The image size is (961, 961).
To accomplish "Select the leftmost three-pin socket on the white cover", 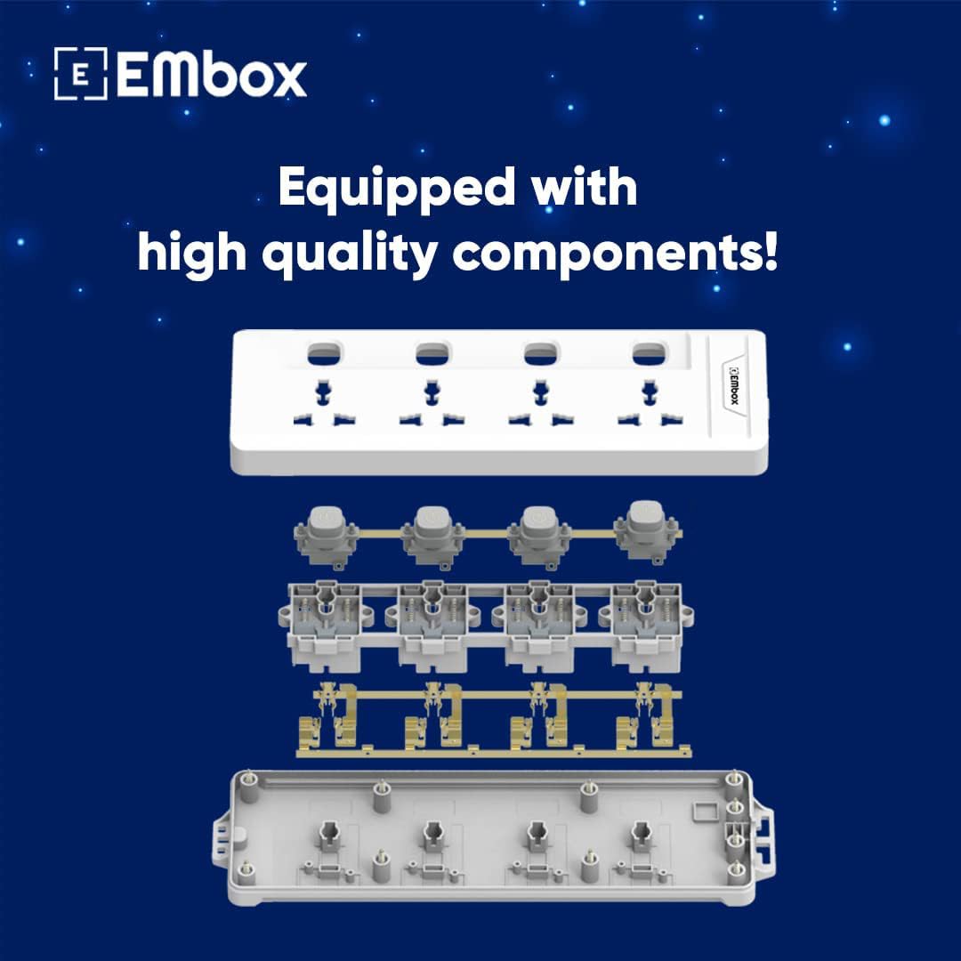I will (320, 405).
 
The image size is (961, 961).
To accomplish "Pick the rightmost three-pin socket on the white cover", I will (647, 405).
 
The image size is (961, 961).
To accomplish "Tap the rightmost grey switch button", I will (650, 530).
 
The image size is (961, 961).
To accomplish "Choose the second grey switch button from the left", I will (432, 532).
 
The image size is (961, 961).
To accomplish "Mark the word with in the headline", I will (585, 188).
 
